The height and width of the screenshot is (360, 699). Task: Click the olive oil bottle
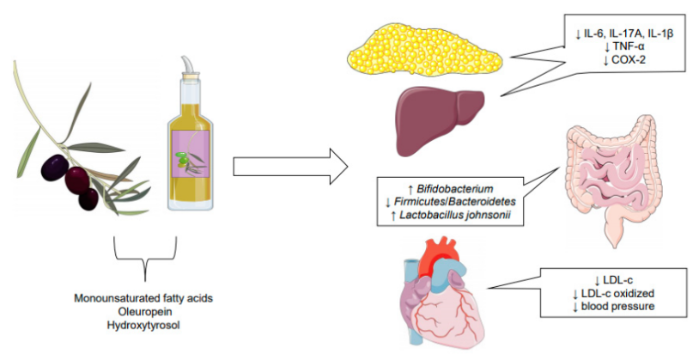tap(191, 147)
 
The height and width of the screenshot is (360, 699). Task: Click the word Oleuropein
tap(143, 312)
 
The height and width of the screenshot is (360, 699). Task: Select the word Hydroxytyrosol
tap(143, 326)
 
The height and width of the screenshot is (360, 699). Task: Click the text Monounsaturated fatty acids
tap(143, 298)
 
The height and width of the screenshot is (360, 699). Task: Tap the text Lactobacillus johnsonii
tap(455, 215)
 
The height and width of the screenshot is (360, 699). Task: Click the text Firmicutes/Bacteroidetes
tap(455, 202)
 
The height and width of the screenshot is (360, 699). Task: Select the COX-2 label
tap(629, 59)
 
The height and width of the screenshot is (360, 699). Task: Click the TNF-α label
tap(629, 46)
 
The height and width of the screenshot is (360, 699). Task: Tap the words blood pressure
tap(618, 307)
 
